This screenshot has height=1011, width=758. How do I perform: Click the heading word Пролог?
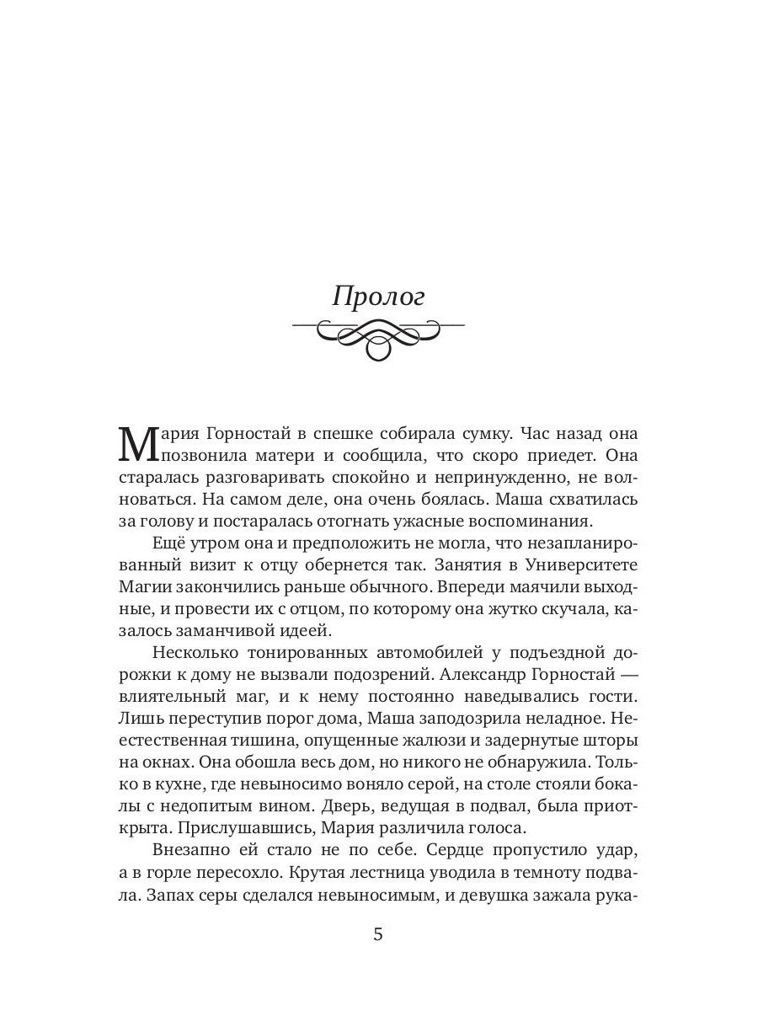pyautogui.click(x=378, y=297)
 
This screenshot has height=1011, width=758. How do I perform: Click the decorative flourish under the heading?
pyautogui.click(x=378, y=338)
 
